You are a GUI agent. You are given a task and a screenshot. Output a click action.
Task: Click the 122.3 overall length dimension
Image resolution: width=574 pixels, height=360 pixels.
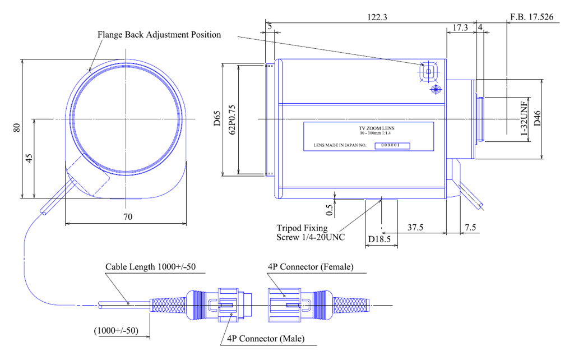376,17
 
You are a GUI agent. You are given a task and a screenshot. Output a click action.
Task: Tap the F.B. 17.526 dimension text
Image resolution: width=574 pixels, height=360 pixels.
531,17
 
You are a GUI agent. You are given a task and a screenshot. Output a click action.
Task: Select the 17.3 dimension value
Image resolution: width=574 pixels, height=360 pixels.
460,27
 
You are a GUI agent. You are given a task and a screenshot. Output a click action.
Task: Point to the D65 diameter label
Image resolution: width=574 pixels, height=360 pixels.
217,119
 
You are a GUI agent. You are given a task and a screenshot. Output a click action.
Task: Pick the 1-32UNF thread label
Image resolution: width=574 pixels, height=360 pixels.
524,119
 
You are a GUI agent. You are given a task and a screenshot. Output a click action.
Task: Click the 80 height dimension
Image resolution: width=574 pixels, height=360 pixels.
17,127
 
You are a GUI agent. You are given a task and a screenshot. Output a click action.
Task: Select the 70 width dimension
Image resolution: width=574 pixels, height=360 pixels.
128,217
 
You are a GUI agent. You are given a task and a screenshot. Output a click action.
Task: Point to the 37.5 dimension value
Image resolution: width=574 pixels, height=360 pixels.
415,228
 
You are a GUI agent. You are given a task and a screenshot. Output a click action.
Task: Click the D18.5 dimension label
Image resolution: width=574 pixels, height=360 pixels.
380,240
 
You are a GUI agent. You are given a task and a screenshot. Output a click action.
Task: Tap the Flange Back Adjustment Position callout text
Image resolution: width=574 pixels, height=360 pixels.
159,35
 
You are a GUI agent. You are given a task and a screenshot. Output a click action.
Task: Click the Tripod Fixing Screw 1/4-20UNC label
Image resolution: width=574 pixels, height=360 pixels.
311,233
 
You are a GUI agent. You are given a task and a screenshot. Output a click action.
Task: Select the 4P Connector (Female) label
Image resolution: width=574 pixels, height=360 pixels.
311,267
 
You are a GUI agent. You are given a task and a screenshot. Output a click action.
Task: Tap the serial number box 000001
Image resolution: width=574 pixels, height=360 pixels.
391,145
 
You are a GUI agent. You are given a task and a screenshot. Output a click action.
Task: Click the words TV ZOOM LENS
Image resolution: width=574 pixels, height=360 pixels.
369,128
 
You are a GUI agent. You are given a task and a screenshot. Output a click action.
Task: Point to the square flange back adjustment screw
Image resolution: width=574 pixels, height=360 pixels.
429,72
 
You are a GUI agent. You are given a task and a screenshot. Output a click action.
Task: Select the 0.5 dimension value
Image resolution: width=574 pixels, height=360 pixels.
330,209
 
